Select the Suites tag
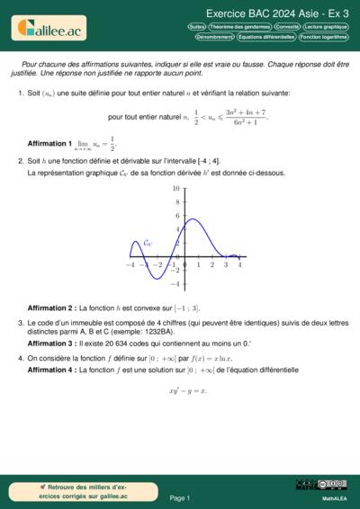click(x=197, y=27)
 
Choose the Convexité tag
click(x=287, y=27)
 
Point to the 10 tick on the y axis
click(x=176, y=189)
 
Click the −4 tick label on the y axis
click(x=175, y=284)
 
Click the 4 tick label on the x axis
click(x=239, y=264)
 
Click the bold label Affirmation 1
click(x=50, y=143)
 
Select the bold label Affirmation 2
click(x=50, y=308)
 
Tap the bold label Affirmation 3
click(x=50, y=343)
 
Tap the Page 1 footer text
click(x=180, y=497)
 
